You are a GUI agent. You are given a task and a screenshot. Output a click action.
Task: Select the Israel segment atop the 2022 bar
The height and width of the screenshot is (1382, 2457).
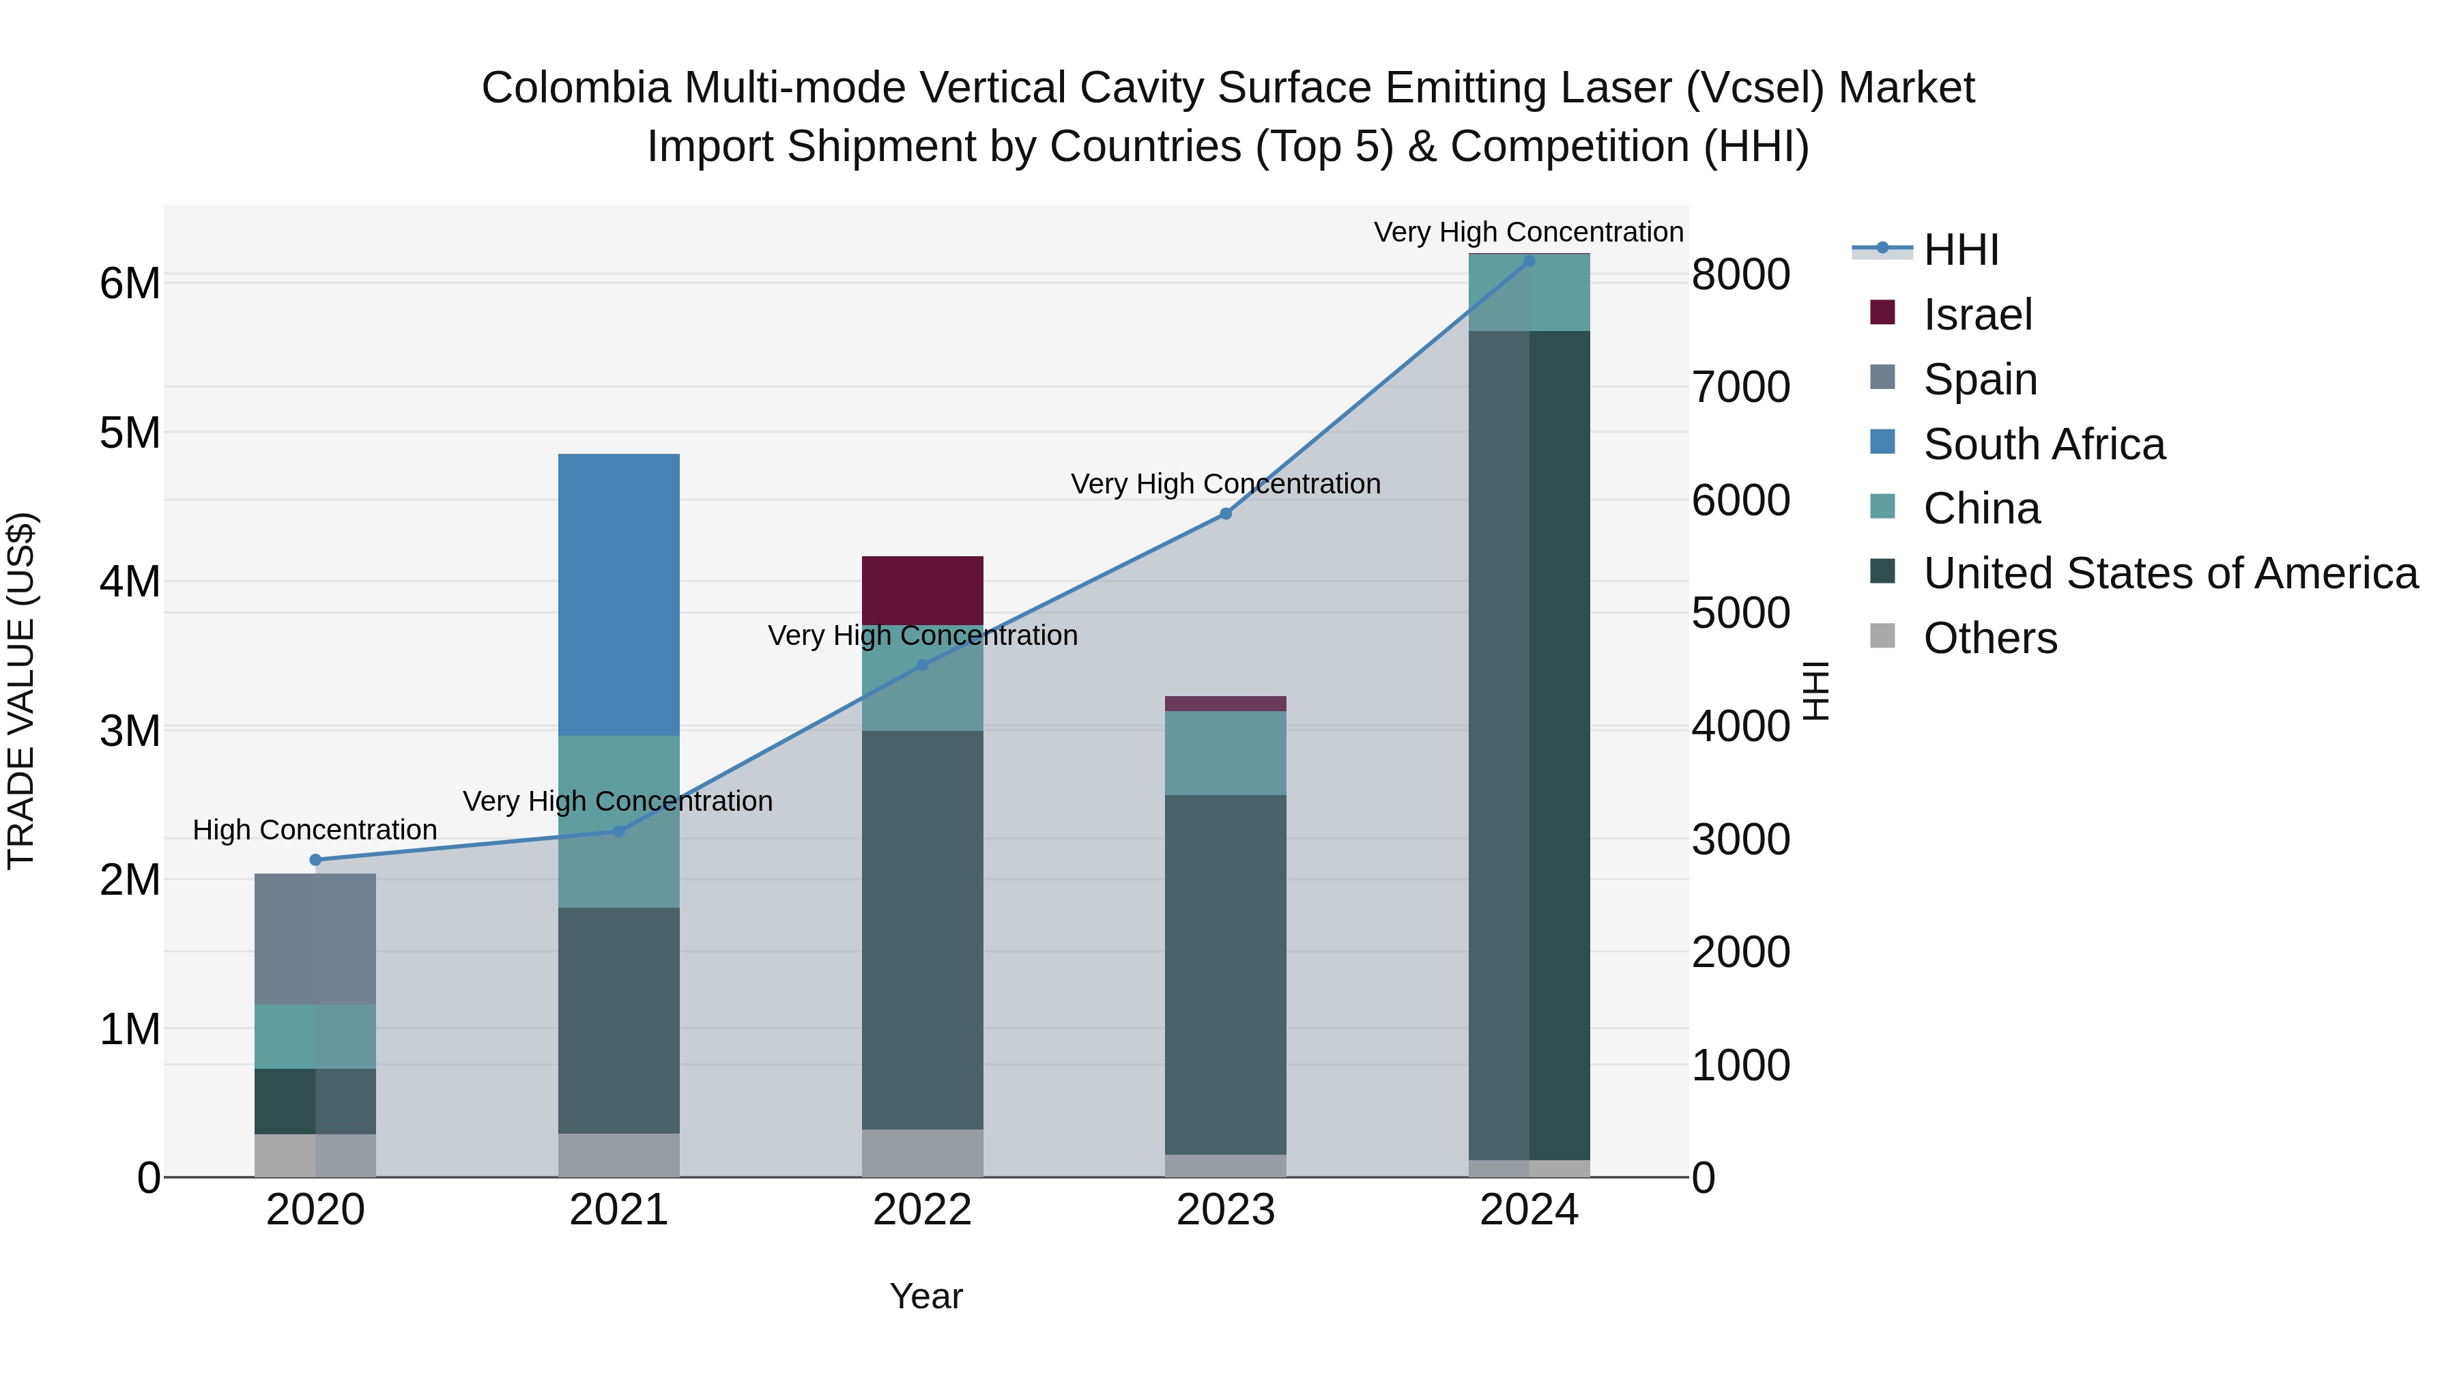[x=922, y=590]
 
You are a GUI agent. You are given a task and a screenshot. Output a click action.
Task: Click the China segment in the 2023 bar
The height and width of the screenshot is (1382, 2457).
[x=1226, y=753]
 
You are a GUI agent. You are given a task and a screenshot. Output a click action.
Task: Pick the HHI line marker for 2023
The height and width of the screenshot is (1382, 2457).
[x=1226, y=514]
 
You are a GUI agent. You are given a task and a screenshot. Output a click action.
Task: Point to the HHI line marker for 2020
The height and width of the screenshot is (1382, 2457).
[x=316, y=859]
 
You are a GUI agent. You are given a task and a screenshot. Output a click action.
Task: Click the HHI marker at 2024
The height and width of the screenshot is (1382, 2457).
[x=1529, y=261]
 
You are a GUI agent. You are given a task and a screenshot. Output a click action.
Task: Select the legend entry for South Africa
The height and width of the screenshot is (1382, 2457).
[x=2043, y=444]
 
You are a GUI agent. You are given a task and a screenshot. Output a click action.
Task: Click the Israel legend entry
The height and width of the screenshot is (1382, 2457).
[x=1977, y=315]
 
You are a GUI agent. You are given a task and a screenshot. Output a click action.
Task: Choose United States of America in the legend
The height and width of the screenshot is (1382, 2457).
[x=2170, y=573]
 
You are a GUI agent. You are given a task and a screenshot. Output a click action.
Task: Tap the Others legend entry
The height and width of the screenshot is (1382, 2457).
[x=1989, y=638]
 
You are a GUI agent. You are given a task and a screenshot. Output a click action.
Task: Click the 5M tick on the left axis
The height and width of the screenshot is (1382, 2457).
[x=130, y=432]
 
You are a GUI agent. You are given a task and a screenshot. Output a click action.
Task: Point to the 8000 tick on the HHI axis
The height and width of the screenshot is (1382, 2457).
[x=1740, y=274]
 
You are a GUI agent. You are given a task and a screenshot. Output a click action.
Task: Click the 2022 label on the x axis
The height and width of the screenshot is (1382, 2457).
[x=922, y=1210]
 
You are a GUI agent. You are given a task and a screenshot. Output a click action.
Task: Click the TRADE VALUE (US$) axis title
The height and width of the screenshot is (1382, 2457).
[x=21, y=691]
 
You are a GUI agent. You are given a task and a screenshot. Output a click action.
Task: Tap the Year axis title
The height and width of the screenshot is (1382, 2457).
[x=926, y=1296]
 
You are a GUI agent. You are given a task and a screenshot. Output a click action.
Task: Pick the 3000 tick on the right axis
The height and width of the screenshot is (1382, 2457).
[x=1740, y=839]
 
